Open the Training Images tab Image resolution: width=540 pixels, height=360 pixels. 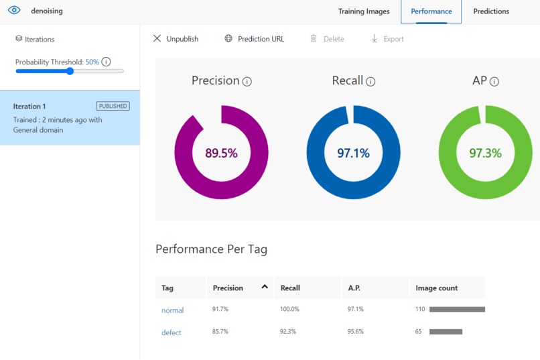364,11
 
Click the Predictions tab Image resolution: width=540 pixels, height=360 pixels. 490,11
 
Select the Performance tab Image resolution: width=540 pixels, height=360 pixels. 431,11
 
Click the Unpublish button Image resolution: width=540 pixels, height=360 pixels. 176,39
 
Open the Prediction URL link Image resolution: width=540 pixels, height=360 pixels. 254,39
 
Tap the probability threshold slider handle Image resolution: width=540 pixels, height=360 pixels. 70,71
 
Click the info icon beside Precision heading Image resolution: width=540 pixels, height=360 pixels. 247,82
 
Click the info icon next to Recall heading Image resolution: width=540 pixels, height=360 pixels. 370,82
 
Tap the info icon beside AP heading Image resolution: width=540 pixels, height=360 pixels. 494,82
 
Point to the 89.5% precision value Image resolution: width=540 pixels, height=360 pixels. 221,153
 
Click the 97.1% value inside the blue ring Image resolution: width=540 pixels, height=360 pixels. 353,153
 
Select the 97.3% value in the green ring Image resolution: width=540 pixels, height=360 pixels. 485,153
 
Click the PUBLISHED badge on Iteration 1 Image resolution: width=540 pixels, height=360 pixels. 113,106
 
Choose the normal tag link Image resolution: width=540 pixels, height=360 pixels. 173,310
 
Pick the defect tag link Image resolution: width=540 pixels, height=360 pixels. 171,333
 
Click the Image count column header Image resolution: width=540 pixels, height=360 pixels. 436,288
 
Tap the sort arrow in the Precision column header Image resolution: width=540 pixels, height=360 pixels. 265,287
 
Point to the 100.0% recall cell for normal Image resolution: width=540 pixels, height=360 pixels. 289,309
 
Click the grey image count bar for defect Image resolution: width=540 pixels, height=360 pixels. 446,332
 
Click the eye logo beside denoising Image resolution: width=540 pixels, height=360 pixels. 14,10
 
